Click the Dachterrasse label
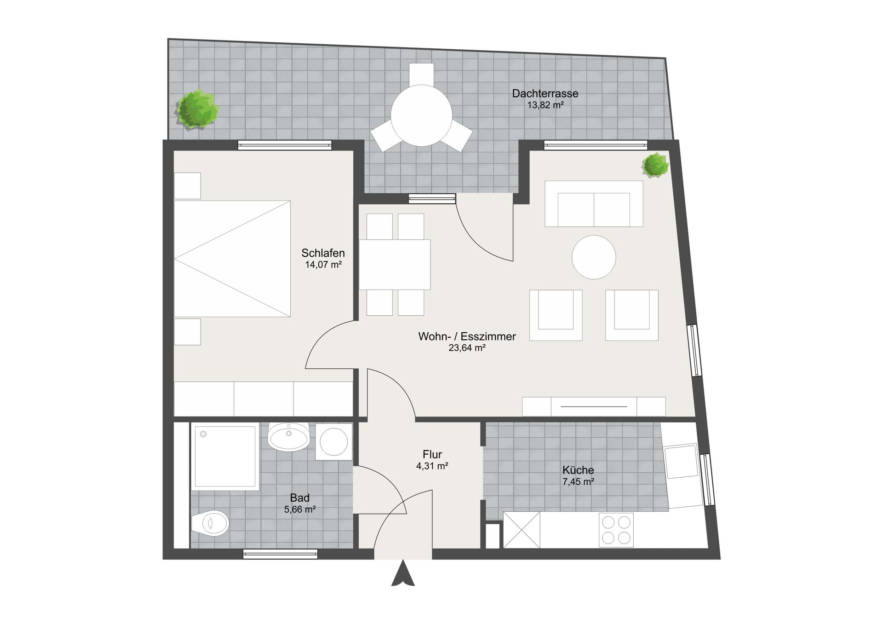(x=545, y=93)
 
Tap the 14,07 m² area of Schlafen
(x=323, y=265)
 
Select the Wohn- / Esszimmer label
(x=467, y=336)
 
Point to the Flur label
(x=432, y=455)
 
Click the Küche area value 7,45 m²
(x=578, y=482)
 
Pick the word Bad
(x=300, y=498)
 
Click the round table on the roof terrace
(x=422, y=116)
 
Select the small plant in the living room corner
(x=655, y=165)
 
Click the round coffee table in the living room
(x=594, y=257)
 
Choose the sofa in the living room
(x=594, y=204)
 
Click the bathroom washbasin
(x=289, y=437)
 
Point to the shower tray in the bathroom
(x=225, y=456)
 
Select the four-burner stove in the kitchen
(x=616, y=530)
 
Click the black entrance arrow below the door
(x=403, y=573)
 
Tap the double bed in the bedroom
(x=232, y=259)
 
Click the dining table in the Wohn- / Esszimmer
(x=395, y=265)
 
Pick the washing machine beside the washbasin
(x=334, y=442)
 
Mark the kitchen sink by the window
(x=683, y=462)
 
